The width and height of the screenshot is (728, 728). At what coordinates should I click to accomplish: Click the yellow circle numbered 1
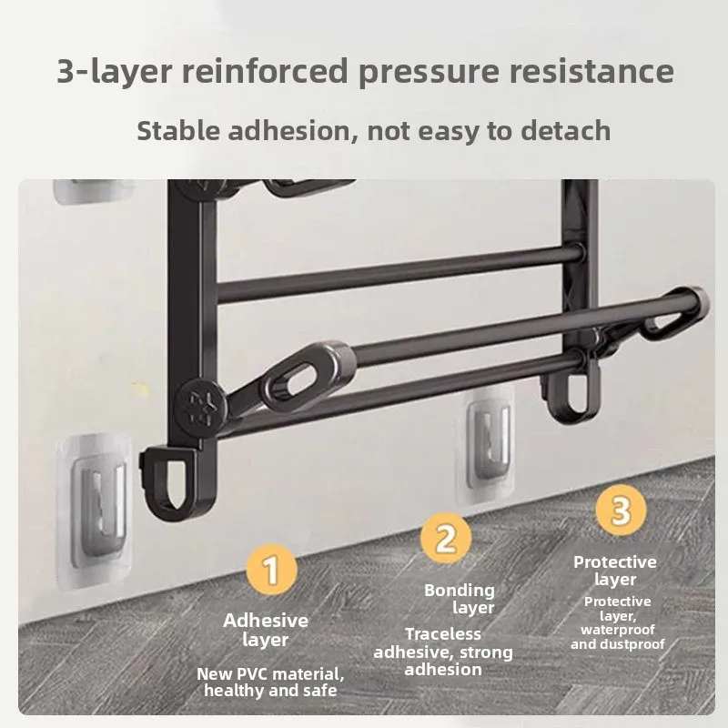tap(271, 570)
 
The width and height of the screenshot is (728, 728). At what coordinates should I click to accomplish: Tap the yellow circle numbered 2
tap(446, 538)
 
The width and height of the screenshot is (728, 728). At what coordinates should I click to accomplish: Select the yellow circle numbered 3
tap(621, 510)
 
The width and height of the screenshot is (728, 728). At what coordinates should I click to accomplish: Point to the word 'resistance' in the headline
tap(591, 71)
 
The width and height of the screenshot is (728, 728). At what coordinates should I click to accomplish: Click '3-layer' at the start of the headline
tap(115, 71)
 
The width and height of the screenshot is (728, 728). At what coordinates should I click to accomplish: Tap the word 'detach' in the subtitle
tap(565, 130)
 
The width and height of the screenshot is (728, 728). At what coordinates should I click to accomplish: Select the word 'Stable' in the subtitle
tap(178, 130)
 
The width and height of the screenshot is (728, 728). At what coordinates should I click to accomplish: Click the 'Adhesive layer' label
tap(266, 630)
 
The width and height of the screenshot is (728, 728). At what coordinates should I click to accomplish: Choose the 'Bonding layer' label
tap(460, 599)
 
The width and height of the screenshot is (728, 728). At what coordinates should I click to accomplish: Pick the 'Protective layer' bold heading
tap(615, 571)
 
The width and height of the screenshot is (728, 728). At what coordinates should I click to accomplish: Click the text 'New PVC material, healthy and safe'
tap(270, 682)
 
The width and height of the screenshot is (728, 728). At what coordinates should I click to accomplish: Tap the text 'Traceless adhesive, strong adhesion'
tap(443, 652)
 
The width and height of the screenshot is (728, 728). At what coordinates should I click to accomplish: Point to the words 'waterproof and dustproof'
tap(618, 636)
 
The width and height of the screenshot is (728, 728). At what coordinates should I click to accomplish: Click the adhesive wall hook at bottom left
tap(95, 511)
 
